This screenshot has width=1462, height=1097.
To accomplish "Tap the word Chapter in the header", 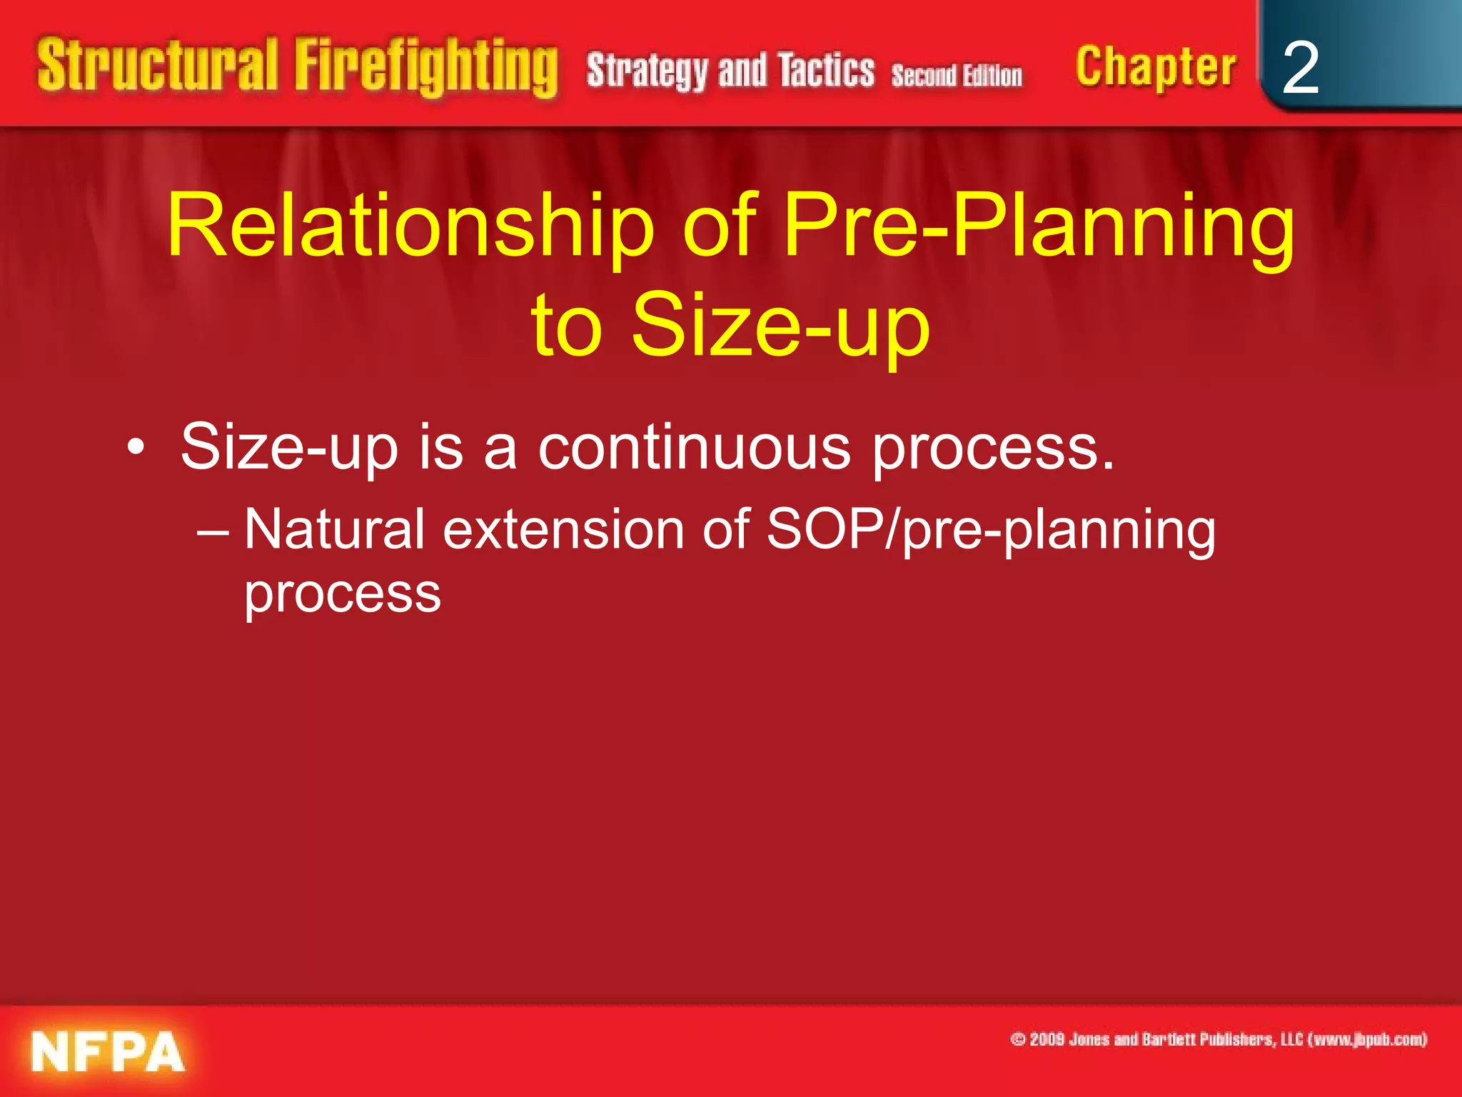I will [x=1156, y=68].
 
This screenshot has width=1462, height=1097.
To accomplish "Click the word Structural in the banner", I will [x=157, y=66].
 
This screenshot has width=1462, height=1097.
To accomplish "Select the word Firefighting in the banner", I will [x=426, y=68].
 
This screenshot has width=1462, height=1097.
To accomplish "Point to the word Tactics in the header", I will [x=826, y=71].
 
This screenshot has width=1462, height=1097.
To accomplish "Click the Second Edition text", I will [x=957, y=75].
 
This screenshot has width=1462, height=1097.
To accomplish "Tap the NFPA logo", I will [x=108, y=1052].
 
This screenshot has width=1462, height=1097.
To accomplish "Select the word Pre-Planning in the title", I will [x=1039, y=227].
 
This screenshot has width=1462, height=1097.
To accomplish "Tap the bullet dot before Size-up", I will [x=136, y=449].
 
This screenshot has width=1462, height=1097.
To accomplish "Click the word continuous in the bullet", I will [x=694, y=449].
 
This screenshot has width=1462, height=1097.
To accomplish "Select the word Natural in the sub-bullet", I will [x=335, y=530].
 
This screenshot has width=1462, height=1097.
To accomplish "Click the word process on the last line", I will [x=343, y=594].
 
